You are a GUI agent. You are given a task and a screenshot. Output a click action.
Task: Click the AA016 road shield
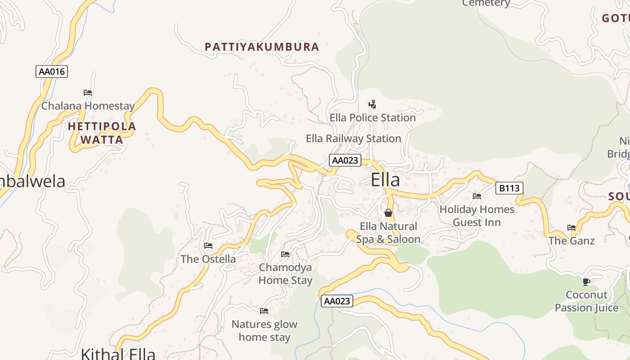(52, 71)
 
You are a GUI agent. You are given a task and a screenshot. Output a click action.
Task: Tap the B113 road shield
(509, 188)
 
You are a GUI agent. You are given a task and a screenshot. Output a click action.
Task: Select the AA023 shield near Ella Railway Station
(345, 160)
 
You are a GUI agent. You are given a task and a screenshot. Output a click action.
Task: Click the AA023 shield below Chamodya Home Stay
(337, 301)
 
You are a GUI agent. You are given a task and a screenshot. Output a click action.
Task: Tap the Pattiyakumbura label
(262, 47)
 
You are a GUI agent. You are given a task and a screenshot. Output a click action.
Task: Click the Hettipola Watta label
(102, 133)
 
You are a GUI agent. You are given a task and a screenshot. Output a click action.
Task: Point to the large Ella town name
(385, 180)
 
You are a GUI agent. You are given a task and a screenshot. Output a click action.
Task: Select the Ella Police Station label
(373, 118)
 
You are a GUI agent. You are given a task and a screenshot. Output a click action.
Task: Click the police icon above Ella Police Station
(372, 104)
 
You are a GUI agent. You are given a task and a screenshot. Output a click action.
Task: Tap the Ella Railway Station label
(353, 139)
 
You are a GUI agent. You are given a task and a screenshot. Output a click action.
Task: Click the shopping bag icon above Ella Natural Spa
(388, 212)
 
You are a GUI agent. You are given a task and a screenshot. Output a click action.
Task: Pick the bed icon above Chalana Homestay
(88, 93)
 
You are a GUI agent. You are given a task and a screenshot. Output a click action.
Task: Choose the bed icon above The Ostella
(208, 246)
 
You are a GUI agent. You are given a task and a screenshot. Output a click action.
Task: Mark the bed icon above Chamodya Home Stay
(285, 254)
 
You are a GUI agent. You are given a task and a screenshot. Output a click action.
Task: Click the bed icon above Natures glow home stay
(264, 310)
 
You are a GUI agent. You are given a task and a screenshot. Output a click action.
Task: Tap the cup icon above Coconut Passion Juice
(586, 282)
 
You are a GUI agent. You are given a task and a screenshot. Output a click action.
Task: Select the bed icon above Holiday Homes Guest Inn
(477, 196)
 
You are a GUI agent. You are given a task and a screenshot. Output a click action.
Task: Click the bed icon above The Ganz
(571, 227)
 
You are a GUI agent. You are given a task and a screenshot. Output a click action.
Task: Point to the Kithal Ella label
(118, 353)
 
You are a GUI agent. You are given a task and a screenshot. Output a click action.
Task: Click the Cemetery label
(486, 3)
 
